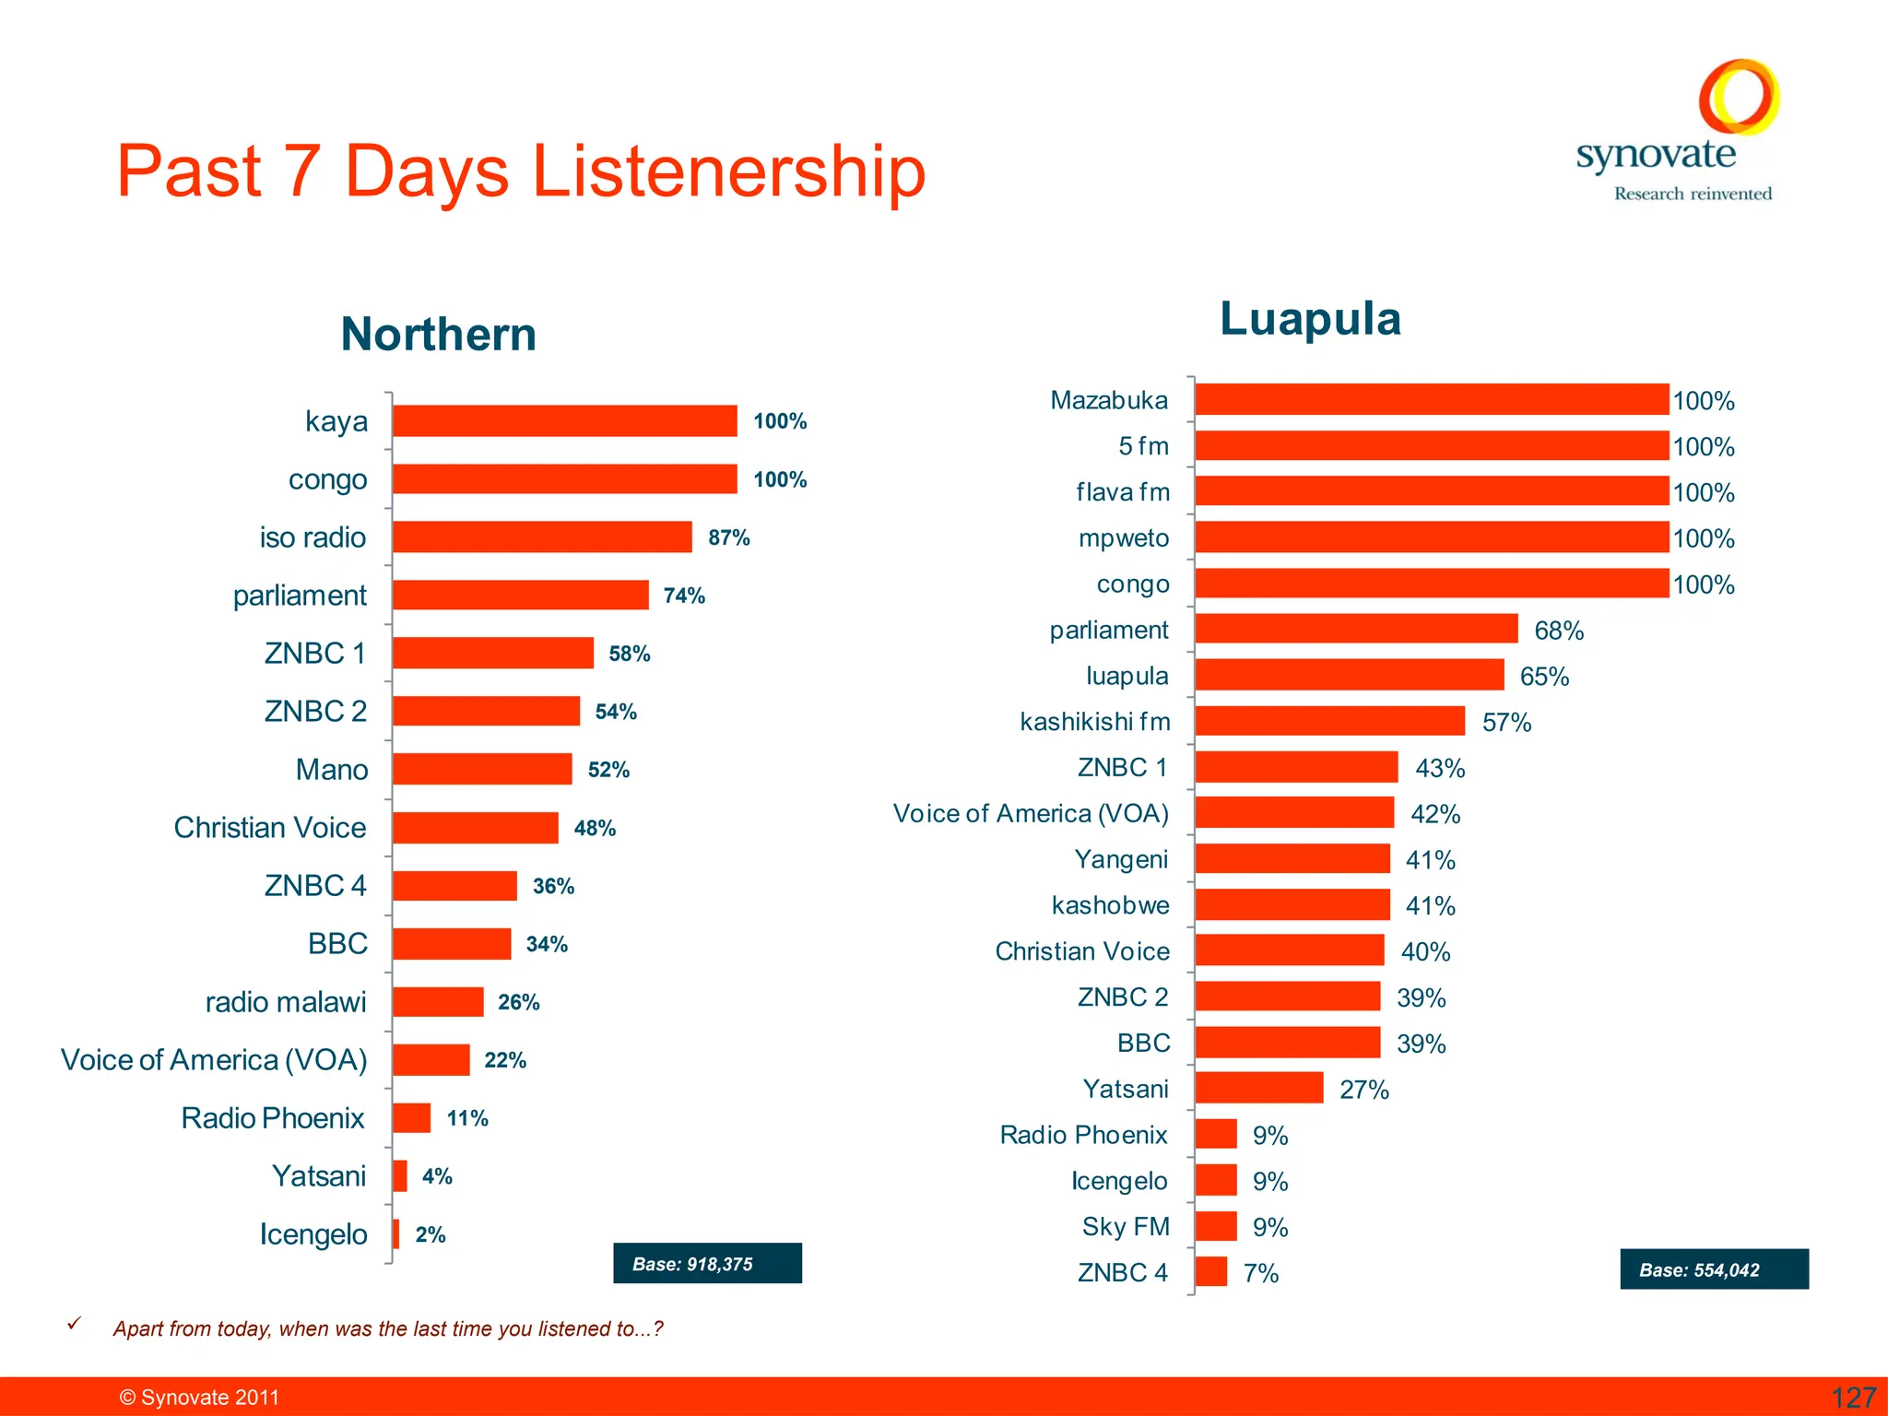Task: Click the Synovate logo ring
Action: [x=1739, y=97]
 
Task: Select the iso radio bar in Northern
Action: [x=542, y=537]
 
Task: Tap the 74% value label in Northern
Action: [x=684, y=596]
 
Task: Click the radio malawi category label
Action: [x=286, y=1002]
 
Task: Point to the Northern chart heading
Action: [x=439, y=334]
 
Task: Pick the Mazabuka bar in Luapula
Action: [x=1432, y=400]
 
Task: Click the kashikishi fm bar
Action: [x=1329, y=721]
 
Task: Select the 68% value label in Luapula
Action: [x=1559, y=631]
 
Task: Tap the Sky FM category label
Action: [x=1126, y=1227]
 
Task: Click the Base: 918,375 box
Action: [x=707, y=1263]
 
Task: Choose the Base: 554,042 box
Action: [x=1714, y=1269]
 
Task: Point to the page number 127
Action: [x=1853, y=1398]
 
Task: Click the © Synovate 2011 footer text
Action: [x=199, y=1398]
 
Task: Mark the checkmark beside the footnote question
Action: [x=75, y=1324]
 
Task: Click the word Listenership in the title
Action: [x=728, y=171]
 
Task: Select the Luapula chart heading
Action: [x=1310, y=319]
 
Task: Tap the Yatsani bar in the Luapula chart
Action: [x=1258, y=1088]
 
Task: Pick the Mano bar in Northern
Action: [x=482, y=769]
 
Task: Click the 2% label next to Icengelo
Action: [x=431, y=1234]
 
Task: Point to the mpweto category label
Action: [x=1124, y=538]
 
